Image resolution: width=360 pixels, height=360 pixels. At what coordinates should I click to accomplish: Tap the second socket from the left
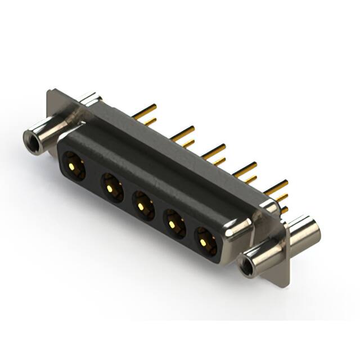coord(111,186)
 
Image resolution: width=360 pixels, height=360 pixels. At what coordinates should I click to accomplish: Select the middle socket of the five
coord(143,204)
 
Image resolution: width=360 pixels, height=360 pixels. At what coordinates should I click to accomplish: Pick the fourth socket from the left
coord(174,223)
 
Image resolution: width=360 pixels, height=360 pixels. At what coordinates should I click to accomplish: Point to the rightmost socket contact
coord(205,242)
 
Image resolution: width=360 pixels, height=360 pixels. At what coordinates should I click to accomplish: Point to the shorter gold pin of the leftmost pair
coord(148,120)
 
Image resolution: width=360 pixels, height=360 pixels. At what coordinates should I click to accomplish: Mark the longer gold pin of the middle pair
coord(214,150)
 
